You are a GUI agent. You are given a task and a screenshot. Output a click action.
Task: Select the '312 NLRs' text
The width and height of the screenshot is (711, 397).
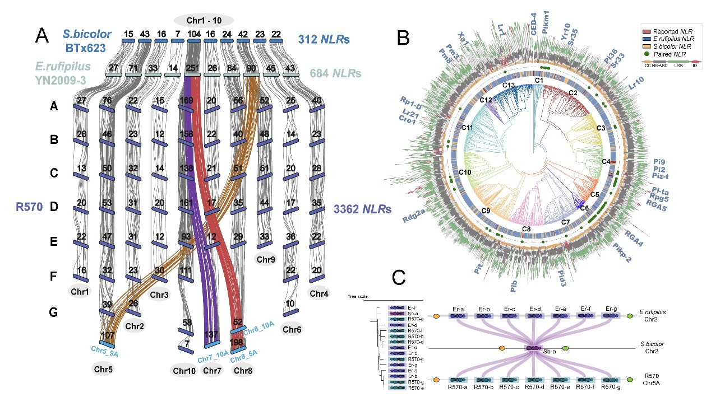324,40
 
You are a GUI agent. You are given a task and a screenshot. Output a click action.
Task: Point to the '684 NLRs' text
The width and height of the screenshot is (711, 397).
335,73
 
